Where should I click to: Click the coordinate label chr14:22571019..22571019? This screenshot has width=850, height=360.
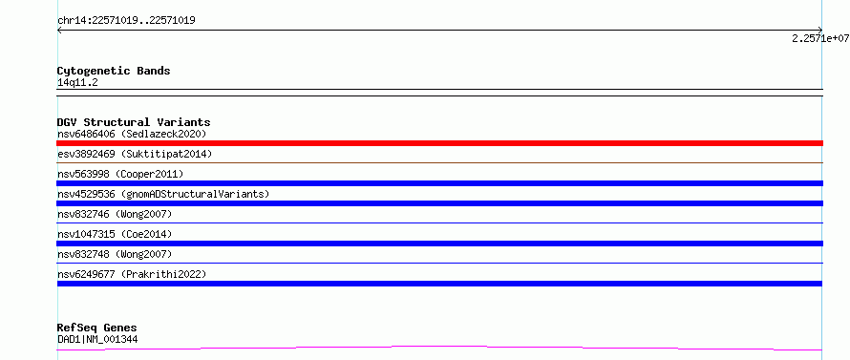click(126, 21)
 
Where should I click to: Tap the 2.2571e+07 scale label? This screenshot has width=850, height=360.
click(820, 38)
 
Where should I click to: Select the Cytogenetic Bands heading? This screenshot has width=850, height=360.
click(114, 71)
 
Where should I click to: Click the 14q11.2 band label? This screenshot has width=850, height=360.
click(77, 83)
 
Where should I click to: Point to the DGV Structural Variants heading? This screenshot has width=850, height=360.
click(134, 122)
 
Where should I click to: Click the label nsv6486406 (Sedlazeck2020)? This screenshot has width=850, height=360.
click(132, 134)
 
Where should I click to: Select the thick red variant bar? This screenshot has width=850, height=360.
click(439, 143)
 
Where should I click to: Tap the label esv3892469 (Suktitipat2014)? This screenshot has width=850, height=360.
click(135, 154)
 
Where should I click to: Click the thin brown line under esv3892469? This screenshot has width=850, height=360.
click(439, 162)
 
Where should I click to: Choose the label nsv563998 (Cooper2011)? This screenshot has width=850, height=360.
click(120, 174)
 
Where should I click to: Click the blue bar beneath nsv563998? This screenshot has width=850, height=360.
click(439, 183)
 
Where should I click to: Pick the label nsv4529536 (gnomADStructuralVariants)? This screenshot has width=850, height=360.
click(163, 194)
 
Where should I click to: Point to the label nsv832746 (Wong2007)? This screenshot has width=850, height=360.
click(115, 214)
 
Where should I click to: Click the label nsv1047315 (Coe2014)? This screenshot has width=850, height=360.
click(115, 234)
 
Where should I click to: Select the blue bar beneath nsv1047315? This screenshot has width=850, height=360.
click(439, 244)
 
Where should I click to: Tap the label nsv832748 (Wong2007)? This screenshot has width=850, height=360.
click(115, 254)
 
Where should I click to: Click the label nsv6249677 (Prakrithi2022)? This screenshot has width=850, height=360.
click(132, 274)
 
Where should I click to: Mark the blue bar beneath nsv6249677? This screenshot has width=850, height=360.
click(439, 284)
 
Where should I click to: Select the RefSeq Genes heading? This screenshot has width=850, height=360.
click(96, 328)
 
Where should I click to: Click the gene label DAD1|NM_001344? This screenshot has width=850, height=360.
click(97, 339)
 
